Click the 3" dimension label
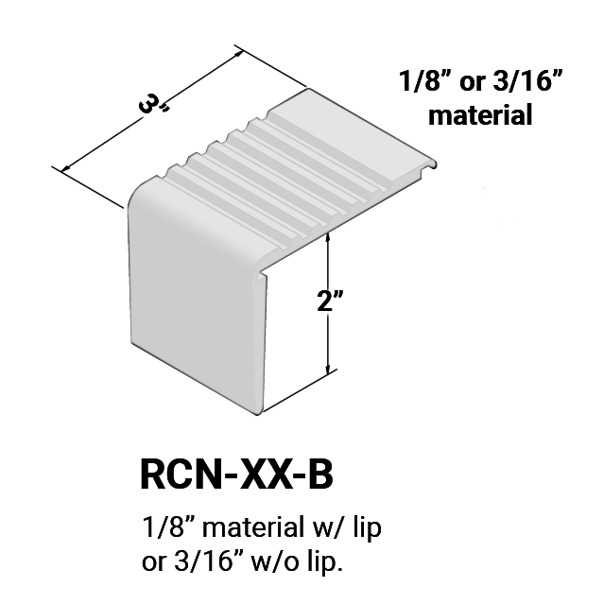(x=153, y=105)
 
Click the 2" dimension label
(x=330, y=301)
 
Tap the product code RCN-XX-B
(x=236, y=475)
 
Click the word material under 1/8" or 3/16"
(x=480, y=114)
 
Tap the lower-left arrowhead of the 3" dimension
(x=67, y=167)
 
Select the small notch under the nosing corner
(x=262, y=274)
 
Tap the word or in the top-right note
(x=473, y=83)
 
